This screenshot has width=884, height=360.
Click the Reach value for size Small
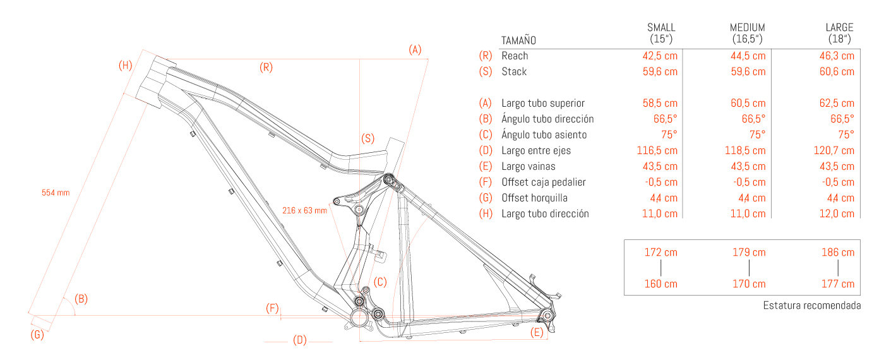pos(660,56)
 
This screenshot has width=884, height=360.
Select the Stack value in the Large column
pos(837,72)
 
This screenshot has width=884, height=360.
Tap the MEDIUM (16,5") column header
pos(748,33)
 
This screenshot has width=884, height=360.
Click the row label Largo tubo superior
pos(542,104)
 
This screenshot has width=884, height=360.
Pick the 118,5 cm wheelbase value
pos(745,151)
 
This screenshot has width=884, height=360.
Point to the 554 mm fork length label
pos(56,193)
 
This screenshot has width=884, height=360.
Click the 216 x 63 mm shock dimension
pos(304,210)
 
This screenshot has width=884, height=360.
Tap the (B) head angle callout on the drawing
pos(81,299)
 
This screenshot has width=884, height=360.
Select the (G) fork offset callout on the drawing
pos(37,335)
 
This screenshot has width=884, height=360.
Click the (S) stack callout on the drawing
pos(367,138)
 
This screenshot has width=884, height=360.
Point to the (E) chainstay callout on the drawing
pos(537,332)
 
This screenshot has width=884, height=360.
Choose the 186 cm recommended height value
pos(838,253)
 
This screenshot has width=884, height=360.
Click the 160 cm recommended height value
pos(660,284)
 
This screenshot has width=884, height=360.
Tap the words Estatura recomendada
pos(812,306)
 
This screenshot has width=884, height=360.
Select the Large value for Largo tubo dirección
pos(837,214)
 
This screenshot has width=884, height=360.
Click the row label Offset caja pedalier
pos(544,183)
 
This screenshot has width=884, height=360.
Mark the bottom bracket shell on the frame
pos(359,317)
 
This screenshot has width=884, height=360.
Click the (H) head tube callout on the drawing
pos(126,66)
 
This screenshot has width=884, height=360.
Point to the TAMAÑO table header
pos(518,40)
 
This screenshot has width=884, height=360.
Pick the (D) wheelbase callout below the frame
pos(300,340)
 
